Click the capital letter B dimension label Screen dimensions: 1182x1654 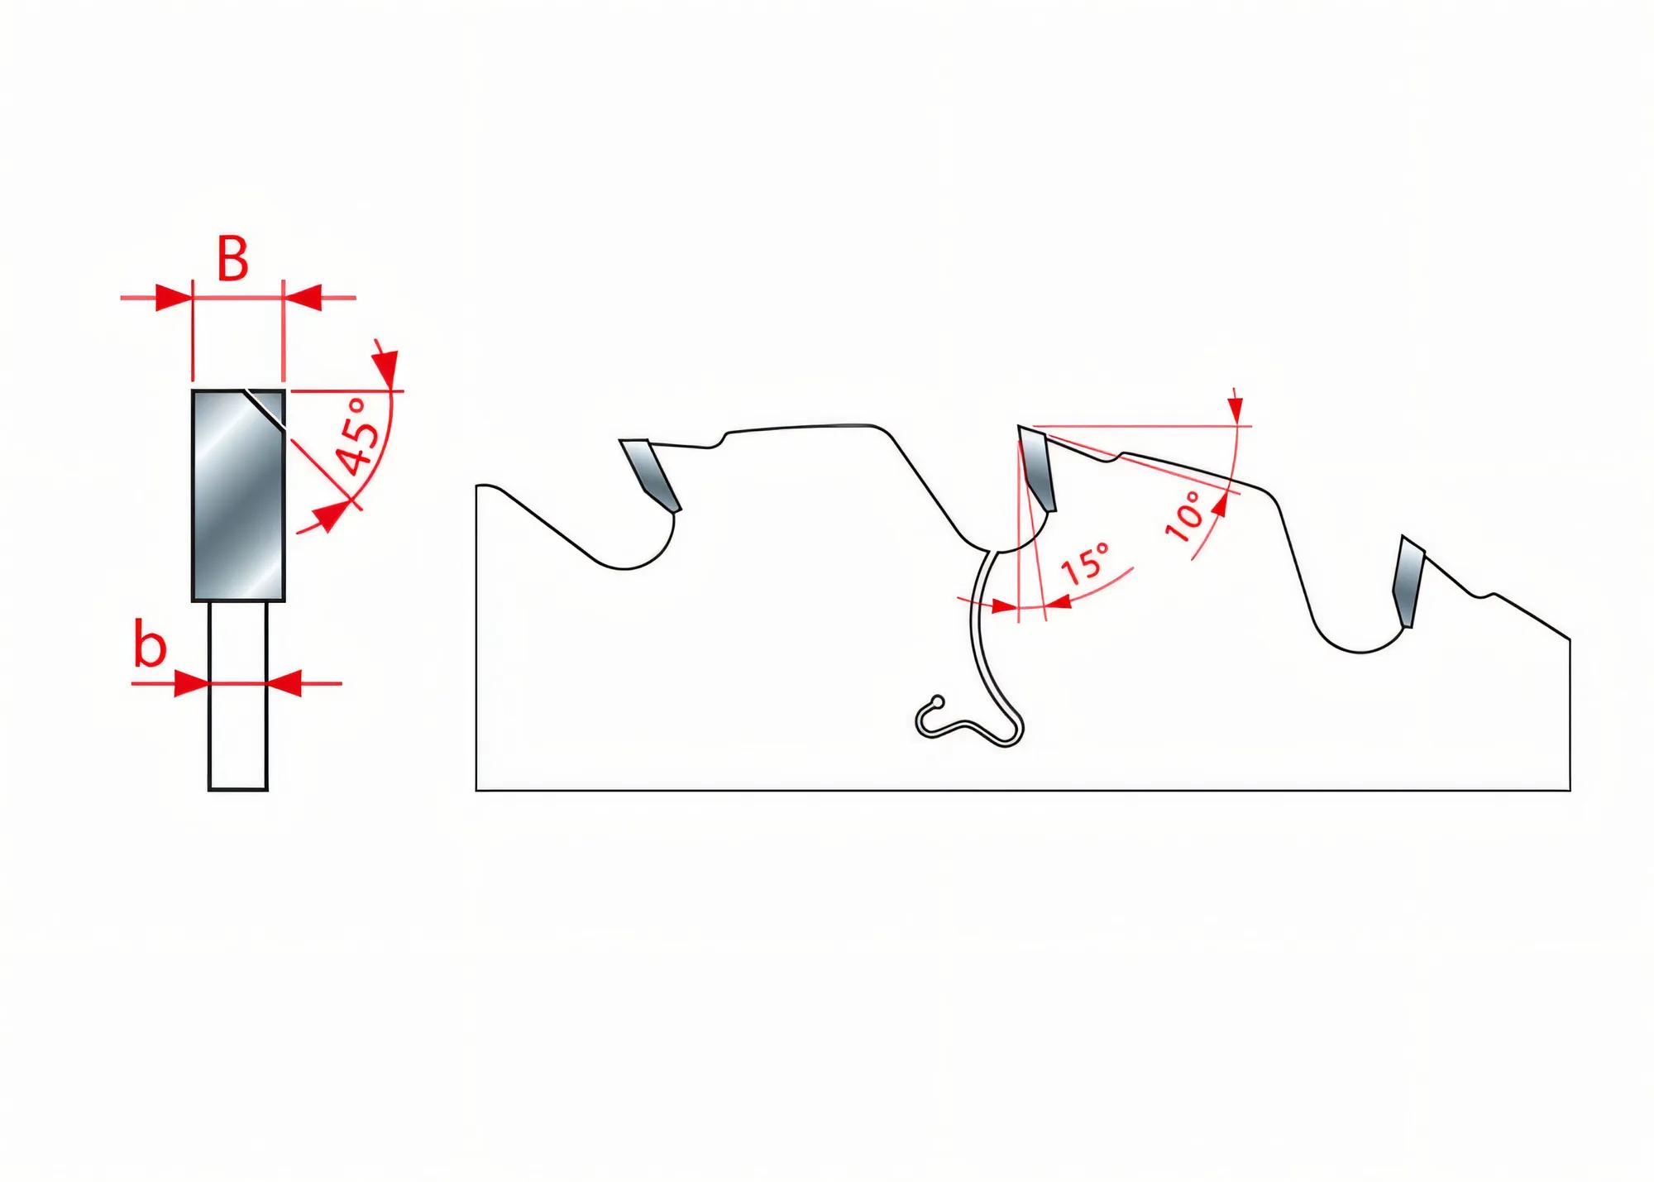click(x=232, y=260)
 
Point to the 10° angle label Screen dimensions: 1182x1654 click(x=1184, y=515)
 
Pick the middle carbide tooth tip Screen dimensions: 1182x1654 click(x=1037, y=468)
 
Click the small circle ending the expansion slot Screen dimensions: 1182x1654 click(x=936, y=701)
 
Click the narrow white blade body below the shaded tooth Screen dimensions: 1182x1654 click(x=237, y=695)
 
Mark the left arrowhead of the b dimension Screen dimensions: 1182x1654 click(x=191, y=684)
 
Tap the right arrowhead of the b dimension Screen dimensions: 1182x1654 click(x=284, y=684)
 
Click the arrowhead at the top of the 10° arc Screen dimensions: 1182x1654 click(x=1235, y=409)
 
